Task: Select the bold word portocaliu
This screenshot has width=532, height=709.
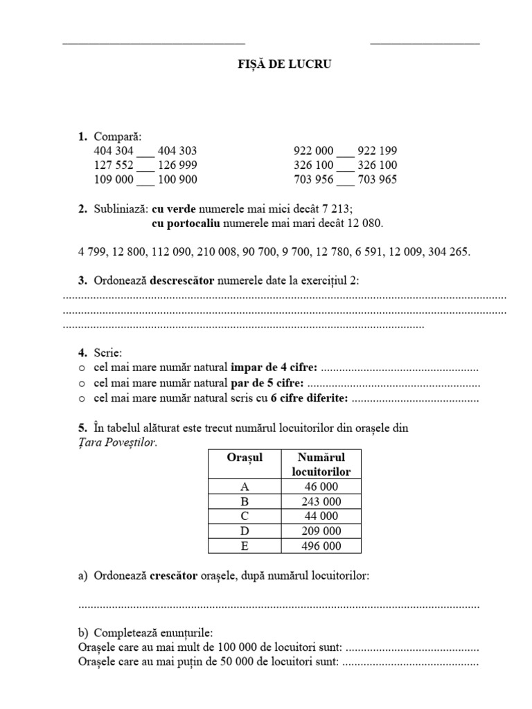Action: pos(185,223)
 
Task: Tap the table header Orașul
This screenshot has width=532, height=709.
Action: pos(245,458)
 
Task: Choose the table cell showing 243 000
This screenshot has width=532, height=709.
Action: pos(321,501)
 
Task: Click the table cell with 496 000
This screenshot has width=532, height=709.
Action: pos(321,546)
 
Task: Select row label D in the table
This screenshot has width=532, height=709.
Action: pos(244,531)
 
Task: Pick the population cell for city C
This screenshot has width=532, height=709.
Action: pos(321,517)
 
